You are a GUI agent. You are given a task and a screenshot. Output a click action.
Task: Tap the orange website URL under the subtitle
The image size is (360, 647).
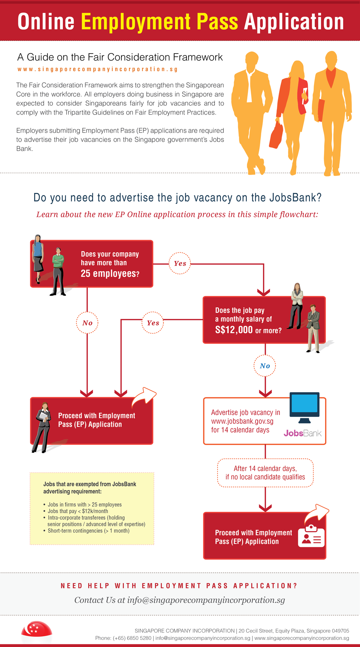(x=98, y=69)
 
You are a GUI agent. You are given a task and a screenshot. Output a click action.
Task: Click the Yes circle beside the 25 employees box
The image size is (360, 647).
(x=180, y=263)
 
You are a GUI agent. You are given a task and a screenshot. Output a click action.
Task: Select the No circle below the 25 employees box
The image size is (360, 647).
(x=87, y=323)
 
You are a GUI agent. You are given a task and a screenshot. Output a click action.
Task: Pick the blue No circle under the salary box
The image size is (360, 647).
(x=265, y=366)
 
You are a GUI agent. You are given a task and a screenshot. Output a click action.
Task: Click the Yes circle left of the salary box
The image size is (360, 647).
(x=153, y=323)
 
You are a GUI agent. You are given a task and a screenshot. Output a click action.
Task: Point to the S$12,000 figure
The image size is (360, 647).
(x=234, y=330)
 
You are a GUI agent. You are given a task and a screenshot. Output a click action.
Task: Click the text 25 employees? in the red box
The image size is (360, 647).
(x=110, y=273)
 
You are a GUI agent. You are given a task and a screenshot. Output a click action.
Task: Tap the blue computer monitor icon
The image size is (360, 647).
(x=304, y=406)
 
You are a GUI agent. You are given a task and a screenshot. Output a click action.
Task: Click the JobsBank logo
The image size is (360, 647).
(x=303, y=433)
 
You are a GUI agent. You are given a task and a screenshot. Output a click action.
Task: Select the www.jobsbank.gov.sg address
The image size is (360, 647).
(x=242, y=421)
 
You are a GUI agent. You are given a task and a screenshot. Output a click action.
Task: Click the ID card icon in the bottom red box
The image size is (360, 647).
(x=311, y=536)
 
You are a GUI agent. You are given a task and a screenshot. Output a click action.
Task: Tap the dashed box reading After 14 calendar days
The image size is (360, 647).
(x=265, y=473)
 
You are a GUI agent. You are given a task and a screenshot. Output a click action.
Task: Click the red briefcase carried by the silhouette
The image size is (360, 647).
(x=276, y=135)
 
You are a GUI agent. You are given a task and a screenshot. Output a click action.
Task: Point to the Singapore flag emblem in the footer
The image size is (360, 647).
(x=36, y=630)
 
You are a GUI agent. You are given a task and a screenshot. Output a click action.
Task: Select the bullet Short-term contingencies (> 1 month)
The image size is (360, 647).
(x=88, y=531)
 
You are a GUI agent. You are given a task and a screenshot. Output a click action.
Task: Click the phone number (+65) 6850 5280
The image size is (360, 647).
(x=132, y=638)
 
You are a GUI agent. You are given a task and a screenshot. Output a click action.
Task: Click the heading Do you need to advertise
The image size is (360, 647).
(x=177, y=198)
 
